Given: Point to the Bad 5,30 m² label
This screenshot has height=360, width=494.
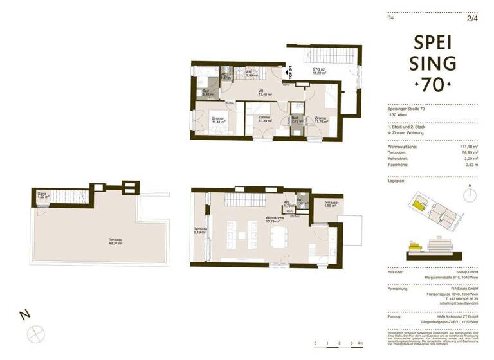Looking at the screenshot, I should pyautogui.click(x=207, y=93).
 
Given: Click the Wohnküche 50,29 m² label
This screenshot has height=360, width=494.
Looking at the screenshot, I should pyautogui.click(x=275, y=221).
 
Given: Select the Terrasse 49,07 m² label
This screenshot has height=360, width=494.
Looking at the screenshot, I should pyautogui.click(x=116, y=242).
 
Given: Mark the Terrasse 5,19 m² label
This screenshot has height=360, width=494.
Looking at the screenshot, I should pyautogui.click(x=201, y=231).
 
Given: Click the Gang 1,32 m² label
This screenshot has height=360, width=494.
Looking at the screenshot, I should pyautogui.click(x=42, y=195).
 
